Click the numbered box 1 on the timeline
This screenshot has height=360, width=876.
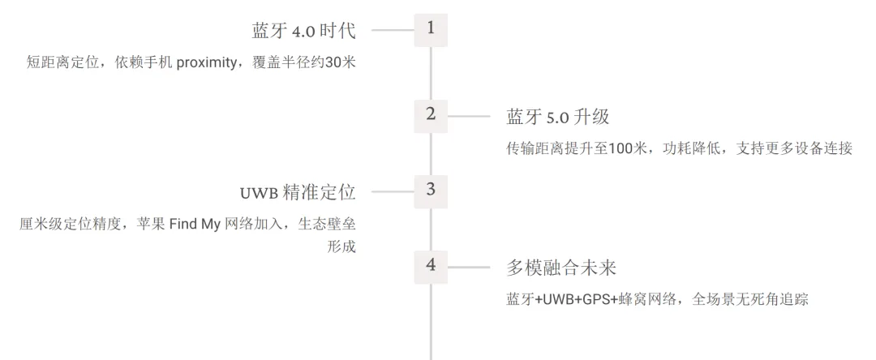coord(430,29)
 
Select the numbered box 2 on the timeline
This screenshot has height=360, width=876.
coord(430,114)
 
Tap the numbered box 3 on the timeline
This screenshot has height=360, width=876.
coord(430,191)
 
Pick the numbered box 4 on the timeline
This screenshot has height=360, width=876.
coord(430,266)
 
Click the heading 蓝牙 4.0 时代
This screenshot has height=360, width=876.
coord(305,31)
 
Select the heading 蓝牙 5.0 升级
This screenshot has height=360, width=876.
coord(557,117)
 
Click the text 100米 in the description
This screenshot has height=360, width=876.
coord(627,149)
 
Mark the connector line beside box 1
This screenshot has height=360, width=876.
coord(393,30)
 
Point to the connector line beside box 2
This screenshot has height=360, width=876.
coord(469,116)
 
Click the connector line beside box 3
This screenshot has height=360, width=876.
coord(393,192)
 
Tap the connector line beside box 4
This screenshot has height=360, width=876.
coord(469,268)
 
